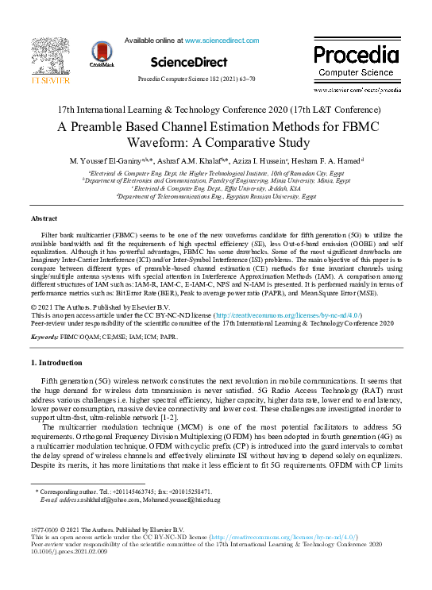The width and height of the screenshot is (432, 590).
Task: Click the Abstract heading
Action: (44, 218)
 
